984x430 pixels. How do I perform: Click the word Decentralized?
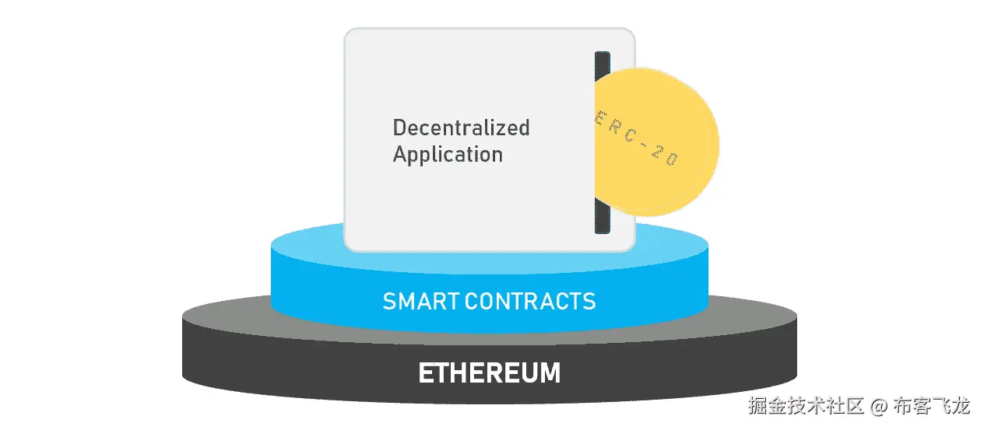coord(461,128)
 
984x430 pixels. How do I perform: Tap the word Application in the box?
coord(448,155)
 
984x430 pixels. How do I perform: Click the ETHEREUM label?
coord(489,372)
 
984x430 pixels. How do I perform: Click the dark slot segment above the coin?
coord(602,64)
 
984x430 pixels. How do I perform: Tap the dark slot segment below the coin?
coord(602,215)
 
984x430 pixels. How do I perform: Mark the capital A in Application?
coord(401,154)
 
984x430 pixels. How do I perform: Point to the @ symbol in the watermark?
coord(878,406)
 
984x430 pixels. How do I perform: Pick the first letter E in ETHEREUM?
coord(427,372)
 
